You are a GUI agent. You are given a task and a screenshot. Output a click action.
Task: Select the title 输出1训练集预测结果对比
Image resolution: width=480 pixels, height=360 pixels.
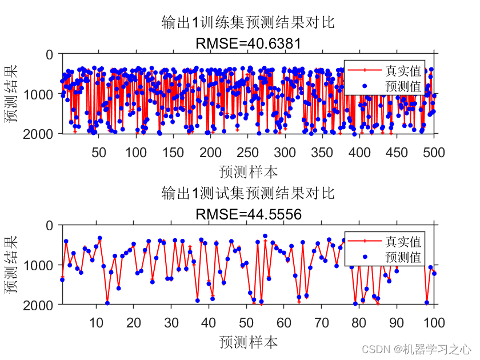pos(248,23)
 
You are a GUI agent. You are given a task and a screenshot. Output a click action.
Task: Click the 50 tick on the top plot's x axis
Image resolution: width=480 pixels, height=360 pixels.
pos(99,151)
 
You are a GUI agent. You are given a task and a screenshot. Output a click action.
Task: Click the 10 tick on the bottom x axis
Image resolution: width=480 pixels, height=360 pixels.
pos(96,323)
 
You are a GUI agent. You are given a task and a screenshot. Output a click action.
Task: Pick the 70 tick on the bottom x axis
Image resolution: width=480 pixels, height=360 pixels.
pos(321,323)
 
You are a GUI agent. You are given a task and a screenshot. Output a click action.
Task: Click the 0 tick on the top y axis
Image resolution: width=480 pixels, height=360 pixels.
pos(50,54)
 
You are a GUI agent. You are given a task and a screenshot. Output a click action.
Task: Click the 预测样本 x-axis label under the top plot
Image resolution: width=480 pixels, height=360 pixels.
pos(248,171)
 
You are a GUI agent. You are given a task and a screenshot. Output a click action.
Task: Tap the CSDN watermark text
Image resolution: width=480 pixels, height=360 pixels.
pos(416,348)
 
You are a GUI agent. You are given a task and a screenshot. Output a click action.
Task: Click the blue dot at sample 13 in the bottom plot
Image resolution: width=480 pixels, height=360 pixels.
pos(107,303)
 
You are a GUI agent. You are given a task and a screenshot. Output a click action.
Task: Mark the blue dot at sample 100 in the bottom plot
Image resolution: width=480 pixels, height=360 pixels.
pos(434,274)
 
